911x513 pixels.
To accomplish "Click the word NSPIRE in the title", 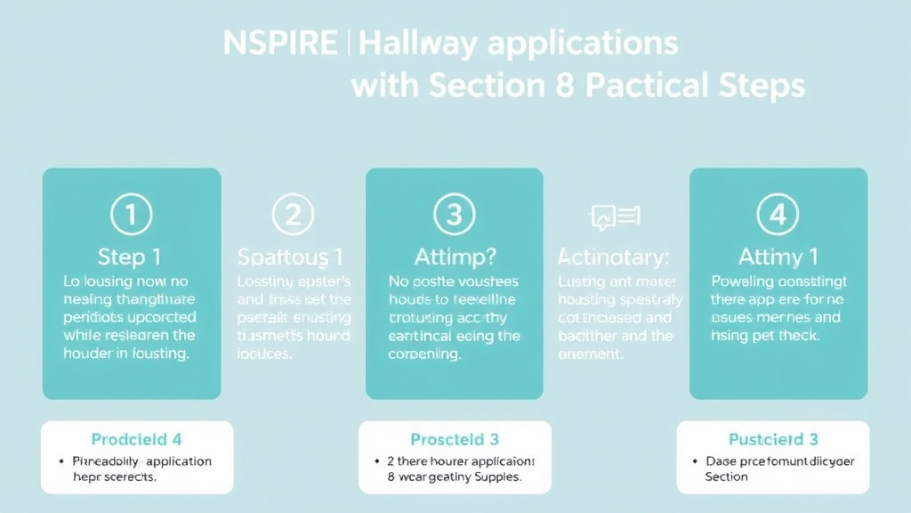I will pyautogui.click(x=279, y=43).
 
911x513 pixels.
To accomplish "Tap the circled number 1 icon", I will pyautogui.click(x=131, y=215).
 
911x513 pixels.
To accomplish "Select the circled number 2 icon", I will pyautogui.click(x=293, y=215).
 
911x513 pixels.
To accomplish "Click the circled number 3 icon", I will pyautogui.click(x=454, y=215).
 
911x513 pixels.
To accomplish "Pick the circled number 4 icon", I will pyautogui.click(x=778, y=215).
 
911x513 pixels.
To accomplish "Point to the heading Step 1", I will pyautogui.click(x=130, y=257).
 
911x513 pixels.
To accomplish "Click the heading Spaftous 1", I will pyautogui.click(x=291, y=257).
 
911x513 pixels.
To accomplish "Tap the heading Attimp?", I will pyautogui.click(x=454, y=257).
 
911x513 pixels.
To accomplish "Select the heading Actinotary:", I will pyautogui.click(x=614, y=257).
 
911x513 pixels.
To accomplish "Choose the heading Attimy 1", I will pyautogui.click(x=778, y=257).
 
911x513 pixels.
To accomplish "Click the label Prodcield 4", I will pyautogui.click(x=137, y=439).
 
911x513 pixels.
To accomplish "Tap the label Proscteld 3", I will pyautogui.click(x=454, y=439).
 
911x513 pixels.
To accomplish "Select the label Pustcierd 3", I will pyautogui.click(x=773, y=439).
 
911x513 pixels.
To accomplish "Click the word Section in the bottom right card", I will pyautogui.click(x=727, y=477).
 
